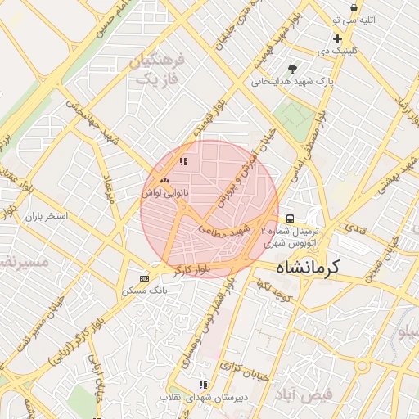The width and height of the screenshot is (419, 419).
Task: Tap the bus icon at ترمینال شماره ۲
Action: (290, 219)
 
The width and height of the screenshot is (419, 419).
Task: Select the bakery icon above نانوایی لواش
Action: (164, 179)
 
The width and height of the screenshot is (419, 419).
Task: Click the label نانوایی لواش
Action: (164, 193)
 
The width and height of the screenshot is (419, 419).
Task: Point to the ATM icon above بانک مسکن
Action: (145, 277)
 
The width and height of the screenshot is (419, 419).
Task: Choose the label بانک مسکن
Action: (144, 290)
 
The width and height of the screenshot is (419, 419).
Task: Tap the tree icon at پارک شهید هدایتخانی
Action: (293, 68)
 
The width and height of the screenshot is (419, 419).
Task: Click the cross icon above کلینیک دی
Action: (336, 39)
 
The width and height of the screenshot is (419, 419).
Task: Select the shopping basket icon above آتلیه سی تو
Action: (353, 7)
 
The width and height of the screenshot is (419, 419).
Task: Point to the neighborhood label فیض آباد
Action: (306, 394)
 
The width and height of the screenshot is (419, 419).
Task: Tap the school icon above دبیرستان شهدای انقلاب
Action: (202, 385)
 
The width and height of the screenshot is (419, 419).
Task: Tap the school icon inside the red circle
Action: (183, 162)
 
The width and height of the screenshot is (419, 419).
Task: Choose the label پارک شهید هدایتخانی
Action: (291, 82)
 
